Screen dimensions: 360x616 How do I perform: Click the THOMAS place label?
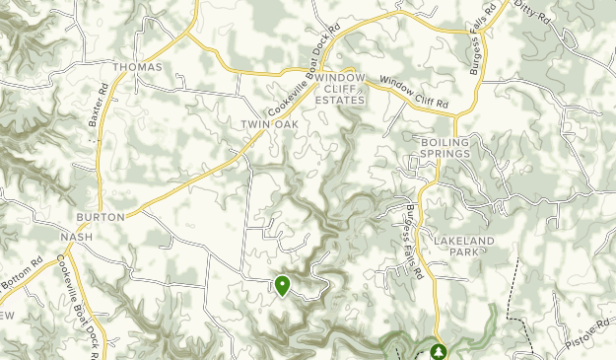tap(136, 67)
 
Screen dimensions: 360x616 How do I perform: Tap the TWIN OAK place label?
tap(269, 124)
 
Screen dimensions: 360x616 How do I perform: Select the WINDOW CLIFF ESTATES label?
tap(340, 89)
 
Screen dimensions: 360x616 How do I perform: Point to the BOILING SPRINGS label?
tap(445, 148)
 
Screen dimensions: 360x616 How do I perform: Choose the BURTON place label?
tap(102, 216)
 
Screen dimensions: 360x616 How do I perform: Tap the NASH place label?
tap(76, 238)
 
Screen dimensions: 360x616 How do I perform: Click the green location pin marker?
tap(283, 285)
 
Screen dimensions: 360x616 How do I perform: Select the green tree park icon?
tap(437, 350)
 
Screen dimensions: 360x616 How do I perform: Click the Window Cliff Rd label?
tap(414, 94)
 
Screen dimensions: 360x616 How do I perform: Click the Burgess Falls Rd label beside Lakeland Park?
tap(412, 240)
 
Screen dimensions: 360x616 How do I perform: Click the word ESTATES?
tap(340, 100)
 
